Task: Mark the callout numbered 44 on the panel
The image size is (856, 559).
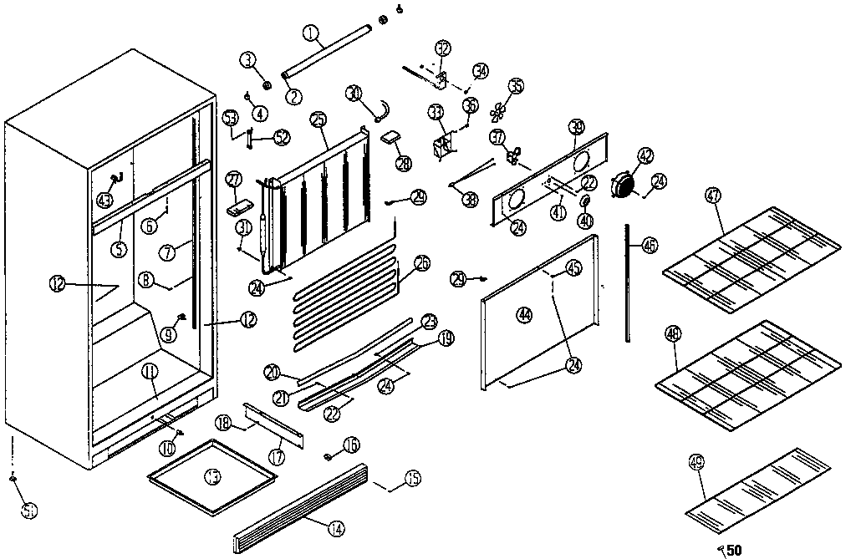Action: pyautogui.click(x=524, y=315)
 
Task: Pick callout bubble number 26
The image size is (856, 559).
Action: pyautogui.click(x=422, y=263)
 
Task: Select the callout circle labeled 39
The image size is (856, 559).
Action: pyautogui.click(x=576, y=127)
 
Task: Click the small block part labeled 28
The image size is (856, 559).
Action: pyautogui.click(x=392, y=137)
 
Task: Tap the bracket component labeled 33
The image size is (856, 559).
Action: pyautogui.click(x=441, y=144)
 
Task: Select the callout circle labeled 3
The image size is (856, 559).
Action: pyautogui.click(x=247, y=58)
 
